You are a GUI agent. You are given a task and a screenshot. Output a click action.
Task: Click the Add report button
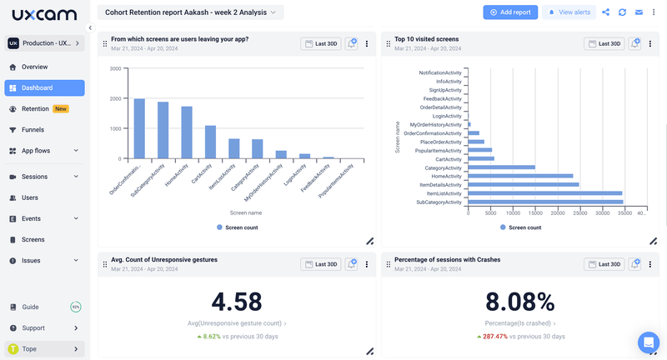tap(510, 12)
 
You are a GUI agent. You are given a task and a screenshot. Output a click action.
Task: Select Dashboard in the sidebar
tap(44, 87)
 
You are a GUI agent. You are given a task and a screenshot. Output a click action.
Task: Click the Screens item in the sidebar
tap(33, 239)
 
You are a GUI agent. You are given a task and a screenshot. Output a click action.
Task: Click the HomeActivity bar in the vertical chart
tap(187, 132)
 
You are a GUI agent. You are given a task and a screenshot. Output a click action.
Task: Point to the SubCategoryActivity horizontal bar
tap(545, 202)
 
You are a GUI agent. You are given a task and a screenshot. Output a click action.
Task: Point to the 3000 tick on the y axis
tap(115, 69)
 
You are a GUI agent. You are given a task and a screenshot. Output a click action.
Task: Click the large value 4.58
tap(237, 302)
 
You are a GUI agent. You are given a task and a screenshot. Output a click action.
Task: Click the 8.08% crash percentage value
tap(520, 302)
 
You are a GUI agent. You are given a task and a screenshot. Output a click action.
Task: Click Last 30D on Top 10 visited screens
tap(605, 43)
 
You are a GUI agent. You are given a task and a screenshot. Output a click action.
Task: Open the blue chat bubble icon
tap(648, 342)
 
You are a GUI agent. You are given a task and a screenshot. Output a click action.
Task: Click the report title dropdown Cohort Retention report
tap(190, 12)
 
